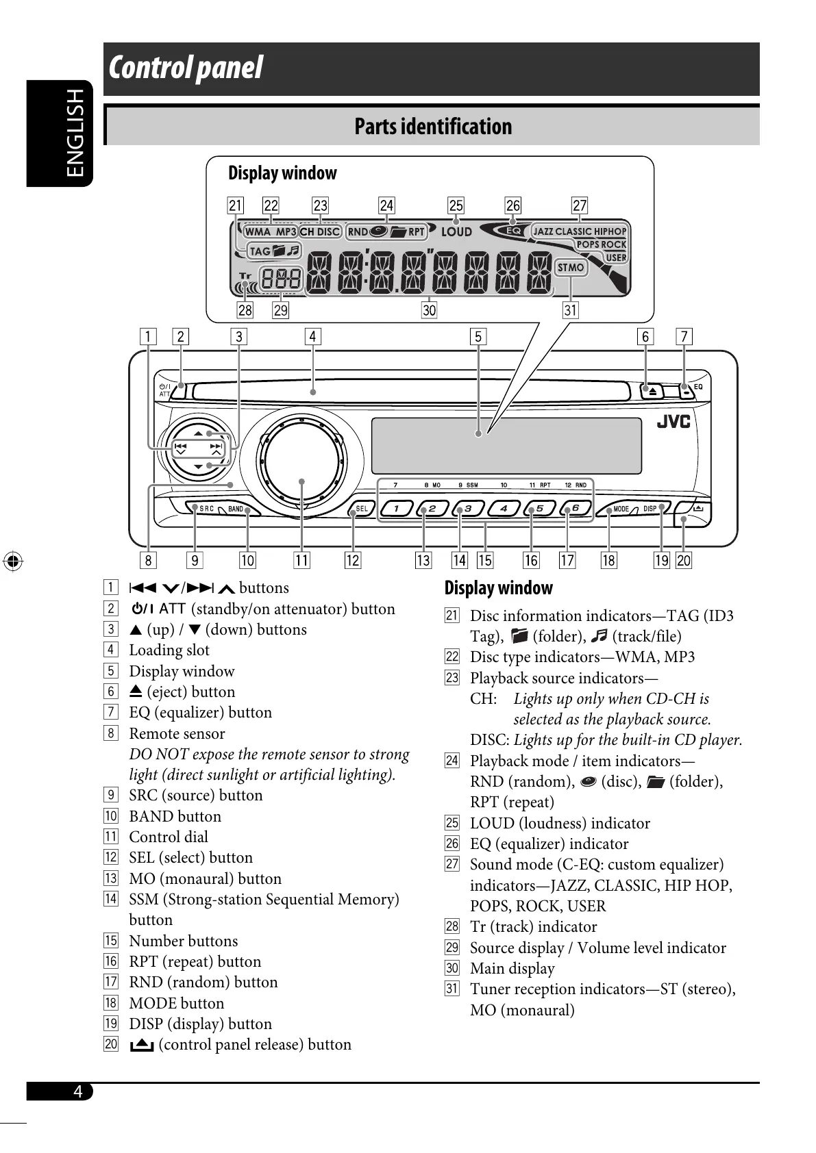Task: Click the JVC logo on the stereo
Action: click(673, 422)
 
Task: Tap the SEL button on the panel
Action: click(361, 509)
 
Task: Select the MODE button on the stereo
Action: click(621, 509)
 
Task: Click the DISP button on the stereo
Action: click(650, 509)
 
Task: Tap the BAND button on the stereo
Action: click(236, 509)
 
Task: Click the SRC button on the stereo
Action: click(206, 509)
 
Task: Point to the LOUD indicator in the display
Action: click(456, 232)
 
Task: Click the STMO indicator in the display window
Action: click(571, 268)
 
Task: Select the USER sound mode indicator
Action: click(616, 257)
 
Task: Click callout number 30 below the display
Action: click(429, 310)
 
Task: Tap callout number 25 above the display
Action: click(456, 205)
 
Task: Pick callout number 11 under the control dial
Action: click(301, 561)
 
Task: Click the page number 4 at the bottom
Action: click(78, 1091)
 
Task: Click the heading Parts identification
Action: click(433, 127)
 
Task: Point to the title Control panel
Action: click(186, 68)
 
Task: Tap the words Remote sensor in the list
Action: click(177, 733)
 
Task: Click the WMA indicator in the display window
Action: click(258, 231)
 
